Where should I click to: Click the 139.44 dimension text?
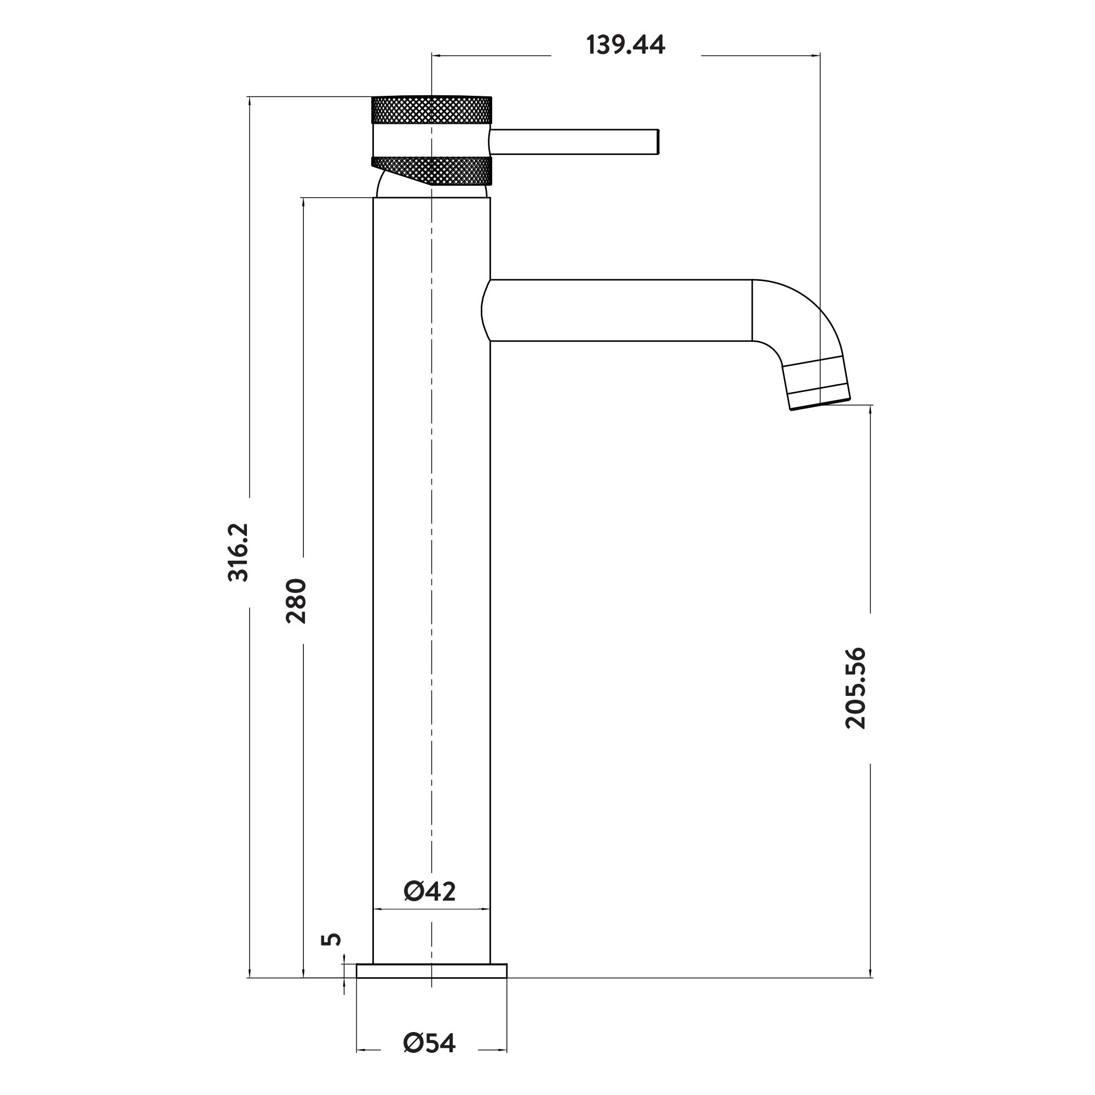point(625,45)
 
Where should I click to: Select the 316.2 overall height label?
point(238,552)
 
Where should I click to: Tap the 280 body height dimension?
point(296,601)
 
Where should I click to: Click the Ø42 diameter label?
point(430,891)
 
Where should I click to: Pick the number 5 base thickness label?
point(332,939)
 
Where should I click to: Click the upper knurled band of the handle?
point(431,110)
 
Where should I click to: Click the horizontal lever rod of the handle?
point(573,142)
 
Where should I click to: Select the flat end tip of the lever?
point(658,142)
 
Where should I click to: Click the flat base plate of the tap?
point(431,971)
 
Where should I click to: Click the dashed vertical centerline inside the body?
point(431,510)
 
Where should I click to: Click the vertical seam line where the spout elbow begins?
point(752,310)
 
